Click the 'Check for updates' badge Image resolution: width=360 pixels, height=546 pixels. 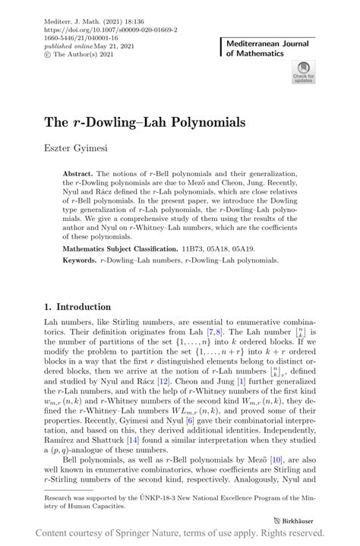click(x=302, y=72)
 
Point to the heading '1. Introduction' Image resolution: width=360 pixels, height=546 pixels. click(x=77, y=307)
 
